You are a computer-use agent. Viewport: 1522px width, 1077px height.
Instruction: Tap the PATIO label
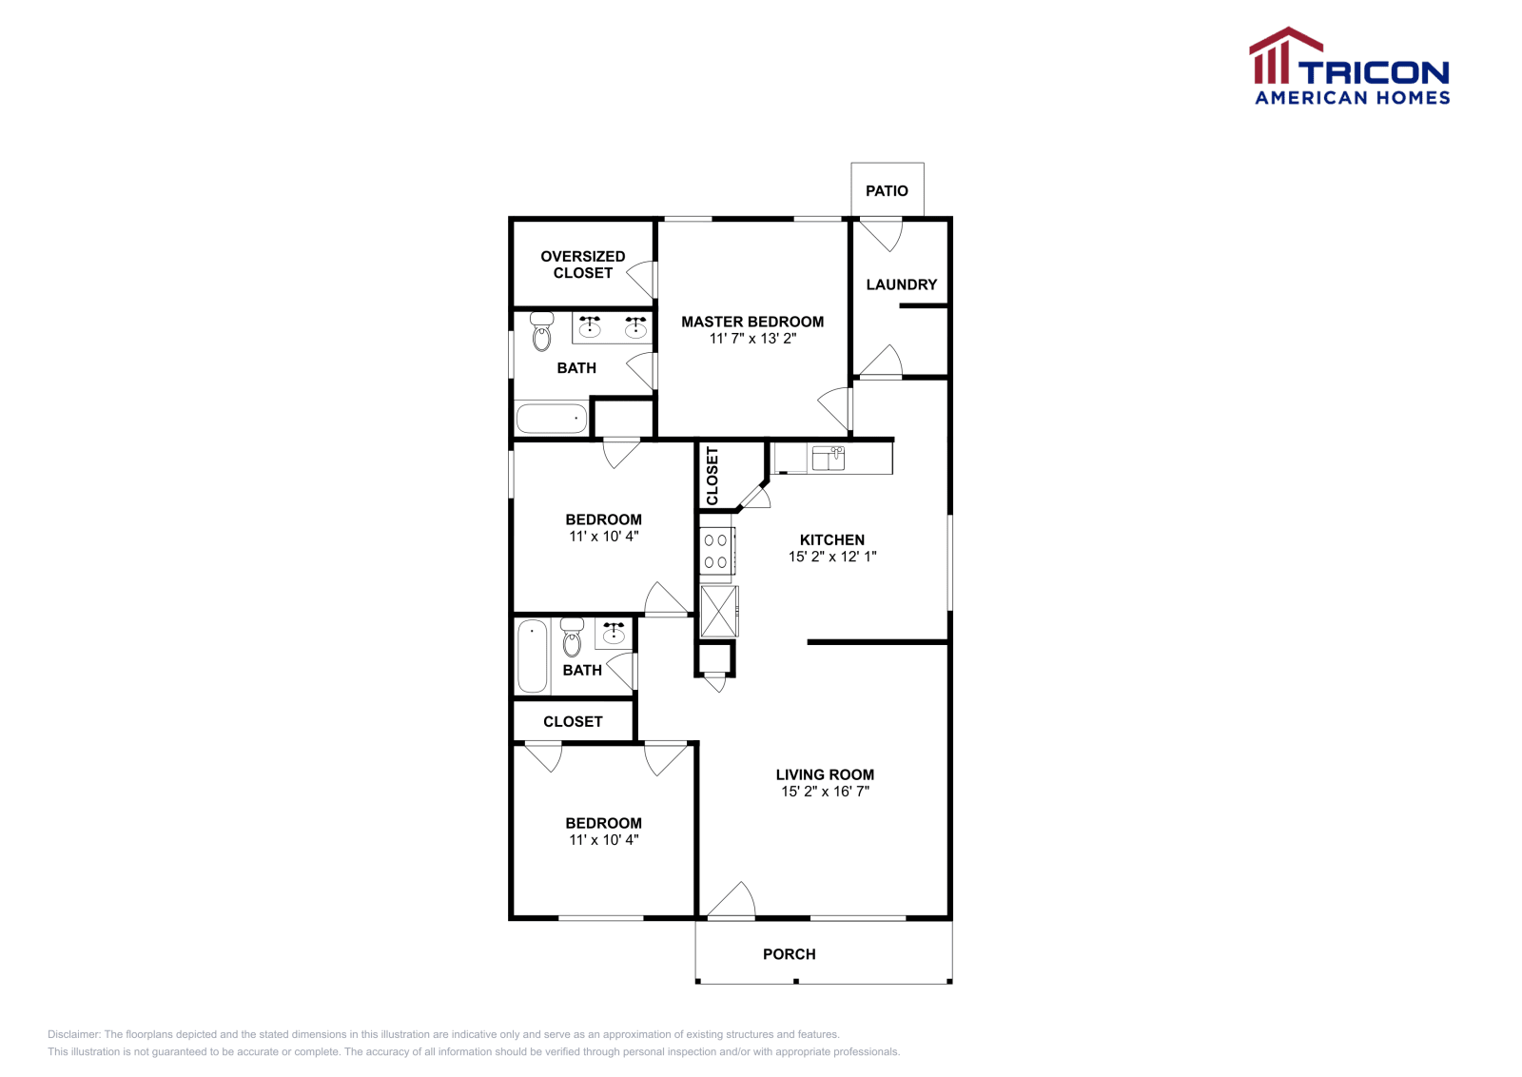[x=887, y=191]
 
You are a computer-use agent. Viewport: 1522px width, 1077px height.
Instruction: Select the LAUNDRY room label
[x=901, y=284]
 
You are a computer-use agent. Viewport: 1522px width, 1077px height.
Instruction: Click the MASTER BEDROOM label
[x=752, y=322]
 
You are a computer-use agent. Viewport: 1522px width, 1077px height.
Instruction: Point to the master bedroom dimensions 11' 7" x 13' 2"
[x=752, y=339]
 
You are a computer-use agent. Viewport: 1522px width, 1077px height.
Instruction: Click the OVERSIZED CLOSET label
[x=582, y=264]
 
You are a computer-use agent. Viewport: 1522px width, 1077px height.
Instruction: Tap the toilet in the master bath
[x=542, y=332]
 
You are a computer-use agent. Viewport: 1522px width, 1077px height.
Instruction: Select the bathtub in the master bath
[x=552, y=419]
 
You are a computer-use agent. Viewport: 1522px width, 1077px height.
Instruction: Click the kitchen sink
[x=828, y=459]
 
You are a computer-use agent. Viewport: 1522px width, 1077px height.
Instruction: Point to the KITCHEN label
[x=832, y=539]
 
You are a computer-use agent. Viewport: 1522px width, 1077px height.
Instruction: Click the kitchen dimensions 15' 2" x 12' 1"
[x=832, y=557]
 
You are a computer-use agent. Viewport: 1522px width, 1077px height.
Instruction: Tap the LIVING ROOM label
[x=825, y=774]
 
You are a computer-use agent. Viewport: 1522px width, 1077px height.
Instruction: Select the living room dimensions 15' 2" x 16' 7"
[x=825, y=792]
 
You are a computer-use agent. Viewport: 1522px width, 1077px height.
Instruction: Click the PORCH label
[x=789, y=954]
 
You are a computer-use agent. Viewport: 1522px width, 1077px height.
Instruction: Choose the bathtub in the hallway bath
[x=532, y=656]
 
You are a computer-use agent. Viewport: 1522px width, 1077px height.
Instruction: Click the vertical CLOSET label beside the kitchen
[x=712, y=476]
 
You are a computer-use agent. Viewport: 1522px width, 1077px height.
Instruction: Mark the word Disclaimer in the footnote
[x=73, y=1034]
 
